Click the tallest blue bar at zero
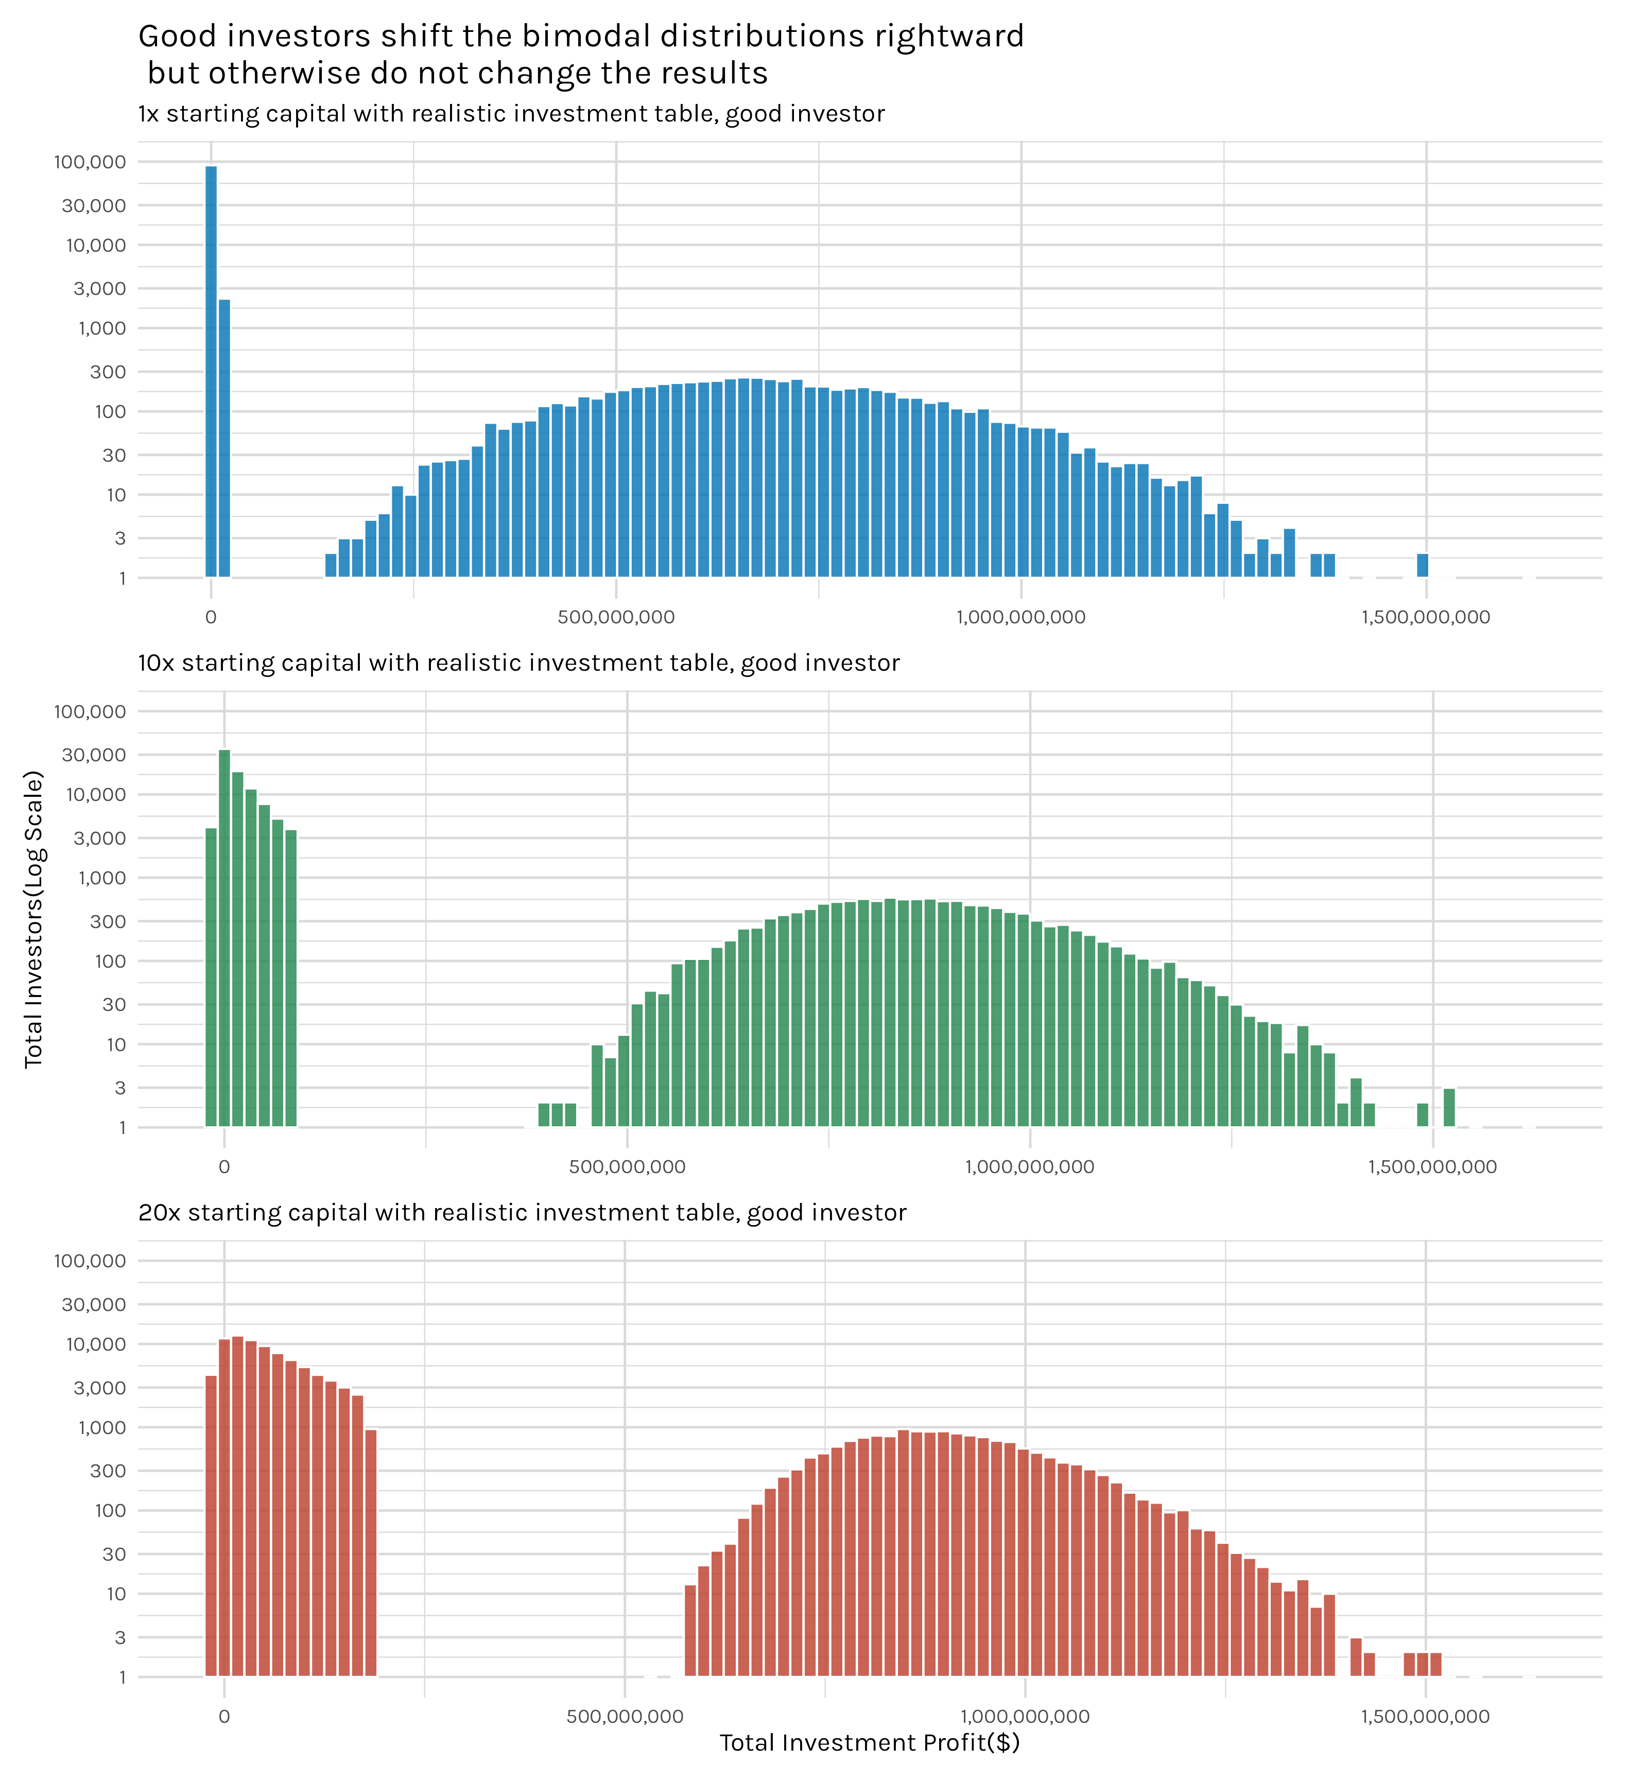(x=211, y=371)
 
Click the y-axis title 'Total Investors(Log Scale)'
(x=33, y=919)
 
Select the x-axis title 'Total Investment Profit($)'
(x=869, y=1742)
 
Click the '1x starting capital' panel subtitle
(x=511, y=114)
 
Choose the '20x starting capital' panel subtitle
(x=522, y=1213)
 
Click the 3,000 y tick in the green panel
(x=100, y=838)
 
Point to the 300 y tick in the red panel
(x=108, y=1471)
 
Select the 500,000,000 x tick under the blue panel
(x=616, y=617)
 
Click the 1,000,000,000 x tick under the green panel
(x=1029, y=1167)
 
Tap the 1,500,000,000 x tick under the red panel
(x=1425, y=1717)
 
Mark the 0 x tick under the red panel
(x=223, y=1717)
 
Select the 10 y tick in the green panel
(x=116, y=1045)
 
